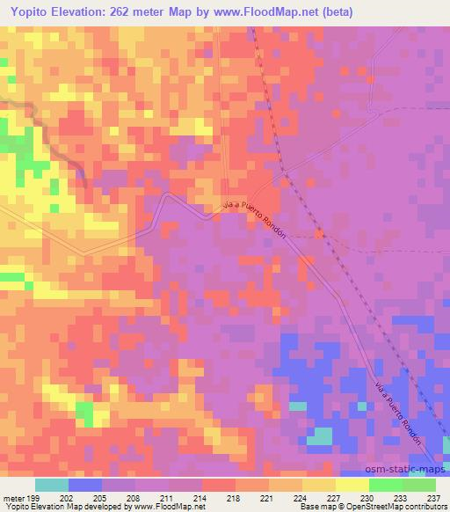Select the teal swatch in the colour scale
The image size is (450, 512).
point(52,486)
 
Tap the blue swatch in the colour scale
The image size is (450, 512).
point(85,486)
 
